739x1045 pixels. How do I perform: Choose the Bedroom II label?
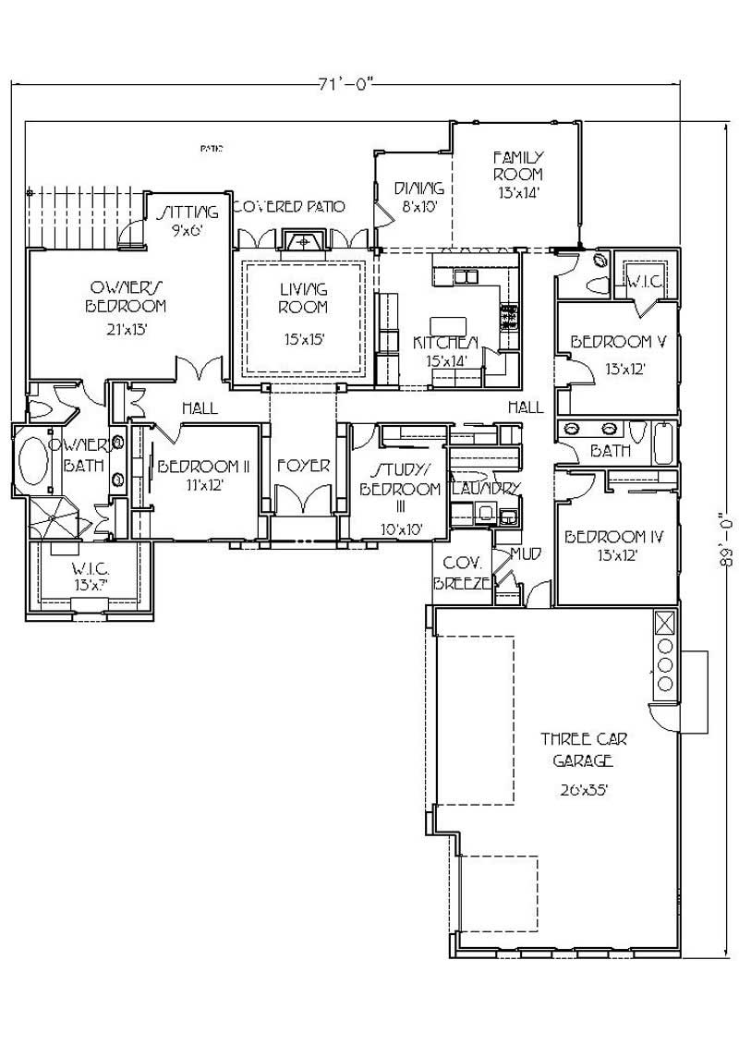tap(204, 467)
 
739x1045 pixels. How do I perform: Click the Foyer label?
tap(303, 466)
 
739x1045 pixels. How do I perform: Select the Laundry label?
tap(486, 488)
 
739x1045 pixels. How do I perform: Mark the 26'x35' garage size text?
tap(582, 789)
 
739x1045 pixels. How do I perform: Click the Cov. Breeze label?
tap(459, 572)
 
